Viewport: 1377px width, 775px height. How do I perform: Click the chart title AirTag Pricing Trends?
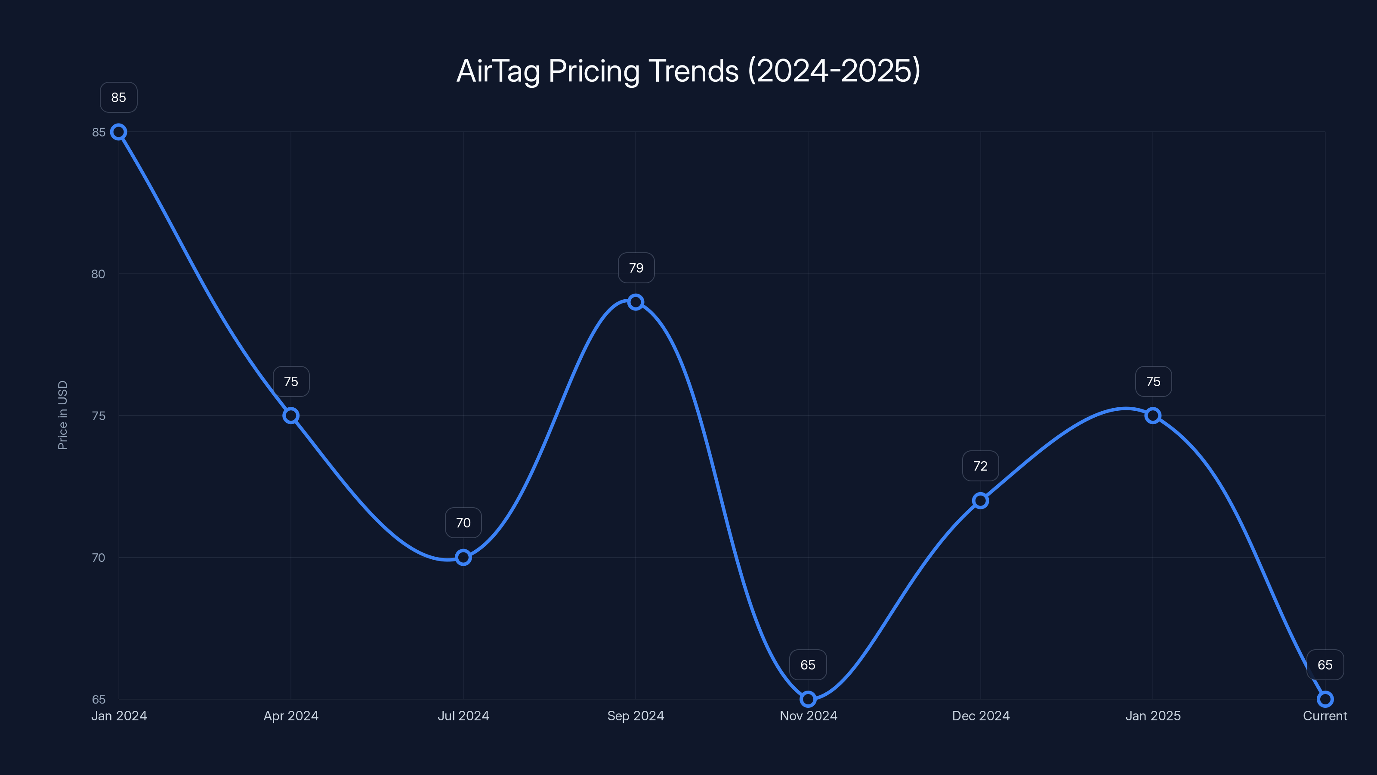[688, 71]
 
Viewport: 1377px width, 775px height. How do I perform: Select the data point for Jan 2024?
[119, 132]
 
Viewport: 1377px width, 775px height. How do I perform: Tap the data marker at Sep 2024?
[636, 302]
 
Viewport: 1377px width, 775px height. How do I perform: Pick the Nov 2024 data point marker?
[808, 699]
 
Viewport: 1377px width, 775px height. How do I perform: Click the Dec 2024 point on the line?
[980, 501]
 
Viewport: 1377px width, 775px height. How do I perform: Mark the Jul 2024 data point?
[463, 557]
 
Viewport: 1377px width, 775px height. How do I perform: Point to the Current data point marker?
[1325, 699]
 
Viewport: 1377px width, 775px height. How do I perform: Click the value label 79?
[636, 268]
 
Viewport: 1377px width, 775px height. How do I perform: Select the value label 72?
[980, 466]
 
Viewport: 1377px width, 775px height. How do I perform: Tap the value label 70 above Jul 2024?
[463, 523]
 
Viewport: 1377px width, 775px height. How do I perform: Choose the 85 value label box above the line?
[119, 97]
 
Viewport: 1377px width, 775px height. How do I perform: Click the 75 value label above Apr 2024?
[291, 381]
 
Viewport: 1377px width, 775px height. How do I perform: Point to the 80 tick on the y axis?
[99, 274]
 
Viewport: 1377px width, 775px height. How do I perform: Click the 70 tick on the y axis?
[99, 557]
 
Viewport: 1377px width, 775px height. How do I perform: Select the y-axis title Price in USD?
[62, 415]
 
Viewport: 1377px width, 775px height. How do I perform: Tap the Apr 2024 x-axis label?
[291, 716]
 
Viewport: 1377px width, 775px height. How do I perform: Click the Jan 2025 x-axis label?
[1153, 716]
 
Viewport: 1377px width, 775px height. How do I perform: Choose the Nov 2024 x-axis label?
[808, 716]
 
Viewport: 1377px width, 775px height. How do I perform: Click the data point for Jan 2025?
[1153, 415]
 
